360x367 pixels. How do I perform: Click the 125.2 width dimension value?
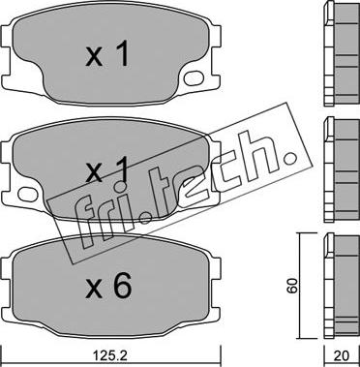click(110, 356)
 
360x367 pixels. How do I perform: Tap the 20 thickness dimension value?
click(343, 356)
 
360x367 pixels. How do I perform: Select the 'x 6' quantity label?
click(108, 286)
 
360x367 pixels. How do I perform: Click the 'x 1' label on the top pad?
click(107, 55)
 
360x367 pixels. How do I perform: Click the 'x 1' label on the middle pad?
click(107, 169)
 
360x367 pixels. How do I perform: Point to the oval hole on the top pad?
click(194, 78)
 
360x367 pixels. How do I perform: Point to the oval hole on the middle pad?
click(28, 194)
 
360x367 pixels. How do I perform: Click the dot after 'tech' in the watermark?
click(291, 158)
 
